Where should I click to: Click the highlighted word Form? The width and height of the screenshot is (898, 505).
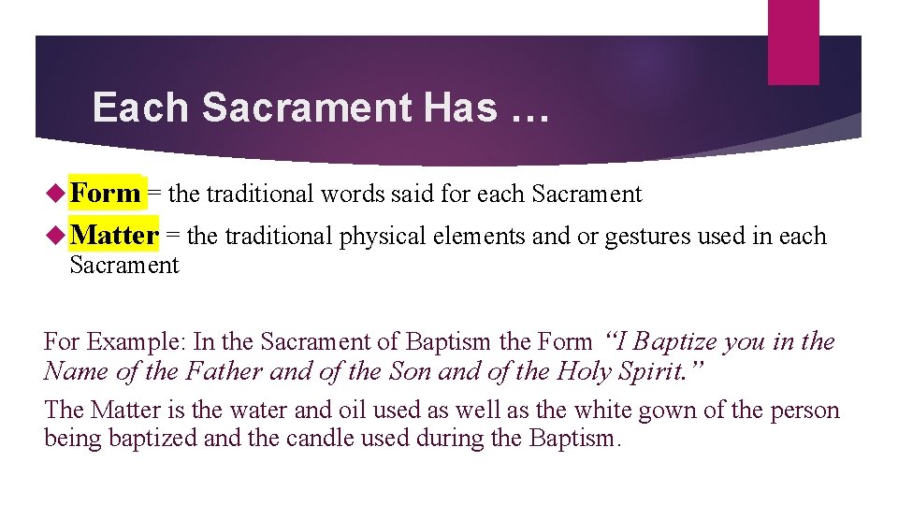click(105, 194)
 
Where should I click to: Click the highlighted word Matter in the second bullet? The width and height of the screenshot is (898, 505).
click(114, 235)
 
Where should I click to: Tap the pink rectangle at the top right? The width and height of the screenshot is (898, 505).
click(792, 41)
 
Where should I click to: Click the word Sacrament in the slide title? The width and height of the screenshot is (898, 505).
click(306, 108)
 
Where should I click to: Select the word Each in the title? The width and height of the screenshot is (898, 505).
click(140, 108)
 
